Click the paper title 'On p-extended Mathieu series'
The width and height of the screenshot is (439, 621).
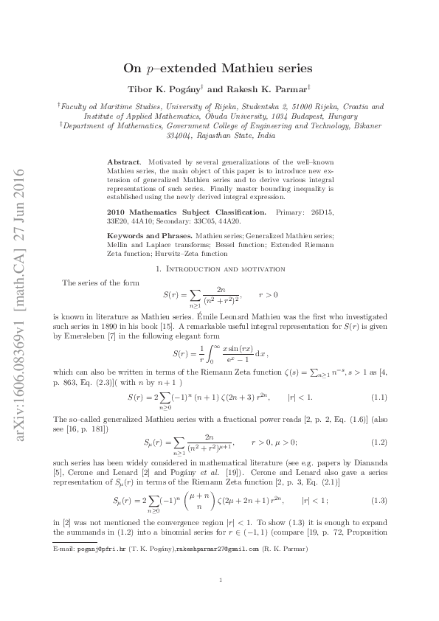(x=218, y=68)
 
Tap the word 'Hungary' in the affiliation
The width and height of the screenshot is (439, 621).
(x=338, y=116)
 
